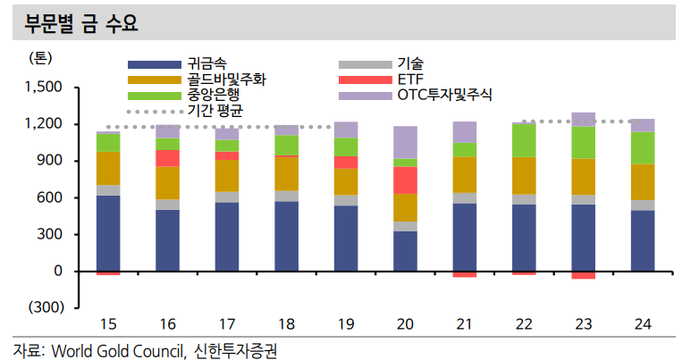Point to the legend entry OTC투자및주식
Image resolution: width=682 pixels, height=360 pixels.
point(444,95)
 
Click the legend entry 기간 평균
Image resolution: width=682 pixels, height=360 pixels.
point(215,111)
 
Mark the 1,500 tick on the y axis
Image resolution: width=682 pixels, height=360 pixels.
point(42,88)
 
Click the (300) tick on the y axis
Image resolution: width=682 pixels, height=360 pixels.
point(44,307)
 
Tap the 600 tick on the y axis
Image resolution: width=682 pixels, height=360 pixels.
point(49,197)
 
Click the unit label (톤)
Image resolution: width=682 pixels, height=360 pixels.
point(43,59)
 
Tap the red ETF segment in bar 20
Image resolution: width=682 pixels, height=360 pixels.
point(405,180)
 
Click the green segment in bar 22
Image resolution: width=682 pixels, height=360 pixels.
point(524,140)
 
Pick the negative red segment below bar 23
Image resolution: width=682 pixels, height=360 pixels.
point(584,275)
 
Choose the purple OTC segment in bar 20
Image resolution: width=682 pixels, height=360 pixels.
point(405,142)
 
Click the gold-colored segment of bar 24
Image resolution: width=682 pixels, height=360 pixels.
point(643,181)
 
